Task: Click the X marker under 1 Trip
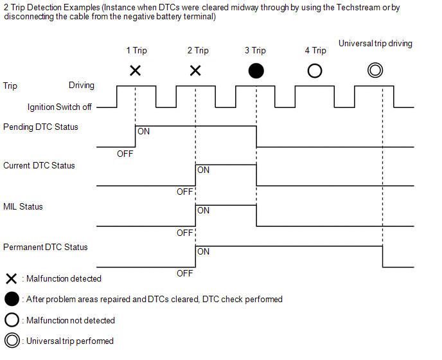pyautogui.click(x=135, y=70)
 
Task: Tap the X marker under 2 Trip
pyautogui.click(x=195, y=70)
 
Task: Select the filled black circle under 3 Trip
pyautogui.click(x=256, y=71)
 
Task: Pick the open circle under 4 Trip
pyautogui.click(x=315, y=71)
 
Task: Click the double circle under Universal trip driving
pyautogui.click(x=375, y=70)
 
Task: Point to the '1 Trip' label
pyautogui.click(x=137, y=51)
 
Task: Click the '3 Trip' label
pyautogui.click(x=255, y=51)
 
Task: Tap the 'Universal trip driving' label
pyautogui.click(x=375, y=44)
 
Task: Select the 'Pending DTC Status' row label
pyautogui.click(x=40, y=127)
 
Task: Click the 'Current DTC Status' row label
pyautogui.click(x=39, y=166)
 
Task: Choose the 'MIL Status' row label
pyautogui.click(x=22, y=207)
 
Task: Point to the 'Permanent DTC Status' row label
pyautogui.click(x=45, y=248)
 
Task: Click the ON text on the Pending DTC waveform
pyautogui.click(x=144, y=131)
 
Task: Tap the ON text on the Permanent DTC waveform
pyautogui.click(x=204, y=251)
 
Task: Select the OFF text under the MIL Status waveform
pyautogui.click(x=185, y=233)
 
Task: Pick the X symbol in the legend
pyautogui.click(x=11, y=279)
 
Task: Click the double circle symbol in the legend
pyautogui.click(x=11, y=341)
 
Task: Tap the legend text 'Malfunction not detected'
pyautogui.click(x=70, y=320)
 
